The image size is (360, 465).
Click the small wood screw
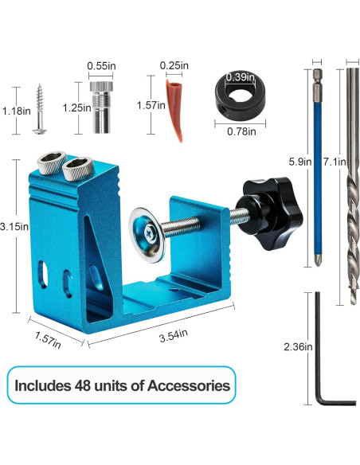point(40,109)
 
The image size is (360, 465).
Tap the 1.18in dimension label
point(16,111)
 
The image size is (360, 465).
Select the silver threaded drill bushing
point(101,107)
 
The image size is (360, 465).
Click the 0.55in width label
point(101,66)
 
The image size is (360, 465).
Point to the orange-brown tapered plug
point(174,110)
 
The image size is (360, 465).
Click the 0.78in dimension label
point(241,131)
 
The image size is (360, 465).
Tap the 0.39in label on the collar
point(241,77)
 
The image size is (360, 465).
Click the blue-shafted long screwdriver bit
point(317,167)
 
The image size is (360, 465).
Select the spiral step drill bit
point(353,186)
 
